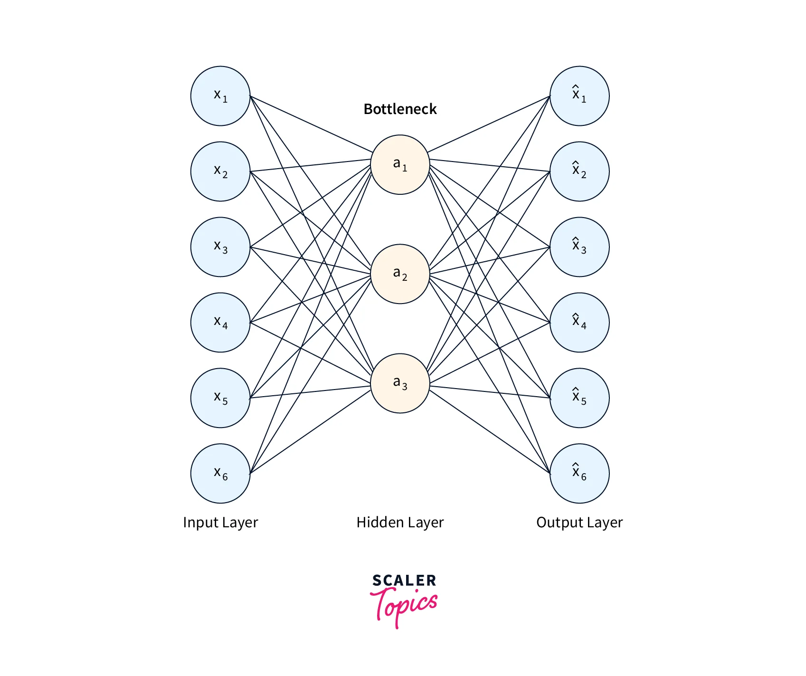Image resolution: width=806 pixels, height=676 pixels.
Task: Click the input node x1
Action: pyautogui.click(x=220, y=96)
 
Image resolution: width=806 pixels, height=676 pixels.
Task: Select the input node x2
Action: pyautogui.click(x=220, y=171)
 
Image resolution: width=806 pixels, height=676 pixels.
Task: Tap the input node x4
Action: pyautogui.click(x=220, y=323)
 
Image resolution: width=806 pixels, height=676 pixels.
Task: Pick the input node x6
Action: pyautogui.click(x=220, y=474)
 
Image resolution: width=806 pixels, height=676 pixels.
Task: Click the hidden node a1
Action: pyautogui.click(x=400, y=165)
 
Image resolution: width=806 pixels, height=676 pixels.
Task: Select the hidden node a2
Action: pyautogui.click(x=400, y=274)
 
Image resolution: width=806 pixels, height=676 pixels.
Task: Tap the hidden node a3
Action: pyautogui.click(x=400, y=383)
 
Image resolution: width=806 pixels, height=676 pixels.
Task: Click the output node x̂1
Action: pyautogui.click(x=579, y=96)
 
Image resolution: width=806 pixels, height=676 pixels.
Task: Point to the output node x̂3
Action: pyautogui.click(x=579, y=247)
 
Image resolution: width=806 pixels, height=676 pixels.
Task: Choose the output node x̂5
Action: pyautogui.click(x=579, y=398)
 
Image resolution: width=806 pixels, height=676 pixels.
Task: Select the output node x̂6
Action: pyautogui.click(x=579, y=474)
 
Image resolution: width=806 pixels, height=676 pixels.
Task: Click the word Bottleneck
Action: pyautogui.click(x=400, y=109)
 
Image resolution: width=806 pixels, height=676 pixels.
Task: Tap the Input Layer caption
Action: pyautogui.click(x=220, y=523)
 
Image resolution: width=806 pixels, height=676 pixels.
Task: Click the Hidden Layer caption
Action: pyautogui.click(x=400, y=523)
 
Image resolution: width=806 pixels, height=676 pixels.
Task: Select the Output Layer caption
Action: pyautogui.click(x=579, y=523)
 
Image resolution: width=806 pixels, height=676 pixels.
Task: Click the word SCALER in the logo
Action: pyautogui.click(x=404, y=581)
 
